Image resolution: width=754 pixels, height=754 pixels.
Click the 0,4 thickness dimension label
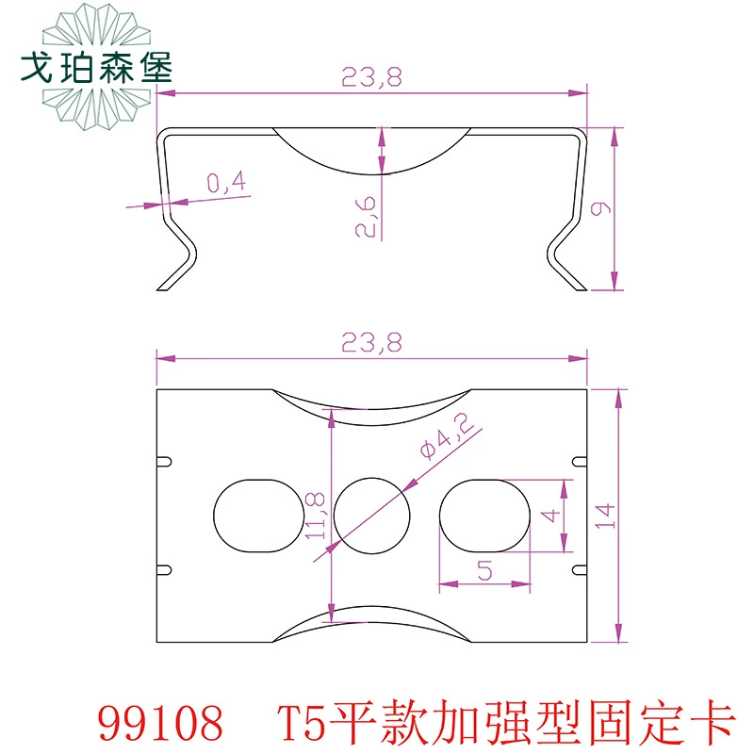point(226,182)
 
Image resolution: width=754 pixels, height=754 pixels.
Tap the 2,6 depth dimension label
point(366,216)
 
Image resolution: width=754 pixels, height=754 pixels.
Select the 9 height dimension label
point(600,208)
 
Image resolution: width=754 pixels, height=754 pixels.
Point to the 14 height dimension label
point(605,516)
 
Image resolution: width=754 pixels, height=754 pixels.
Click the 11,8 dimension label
point(316,516)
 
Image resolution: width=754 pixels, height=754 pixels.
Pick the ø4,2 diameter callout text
point(447,435)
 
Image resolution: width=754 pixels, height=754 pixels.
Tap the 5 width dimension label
point(484,570)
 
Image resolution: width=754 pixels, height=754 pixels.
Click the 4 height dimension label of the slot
point(550,516)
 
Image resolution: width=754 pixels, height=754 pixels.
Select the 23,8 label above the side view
point(371,77)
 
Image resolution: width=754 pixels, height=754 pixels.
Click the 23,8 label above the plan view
point(371,343)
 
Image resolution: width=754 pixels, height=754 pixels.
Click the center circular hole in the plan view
point(371,516)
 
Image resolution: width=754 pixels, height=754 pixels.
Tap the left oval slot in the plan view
point(259,516)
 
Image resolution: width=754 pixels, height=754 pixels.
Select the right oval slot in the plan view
point(484,516)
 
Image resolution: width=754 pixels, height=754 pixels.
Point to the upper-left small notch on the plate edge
point(164,462)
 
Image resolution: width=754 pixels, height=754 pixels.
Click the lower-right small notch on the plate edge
point(580,570)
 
